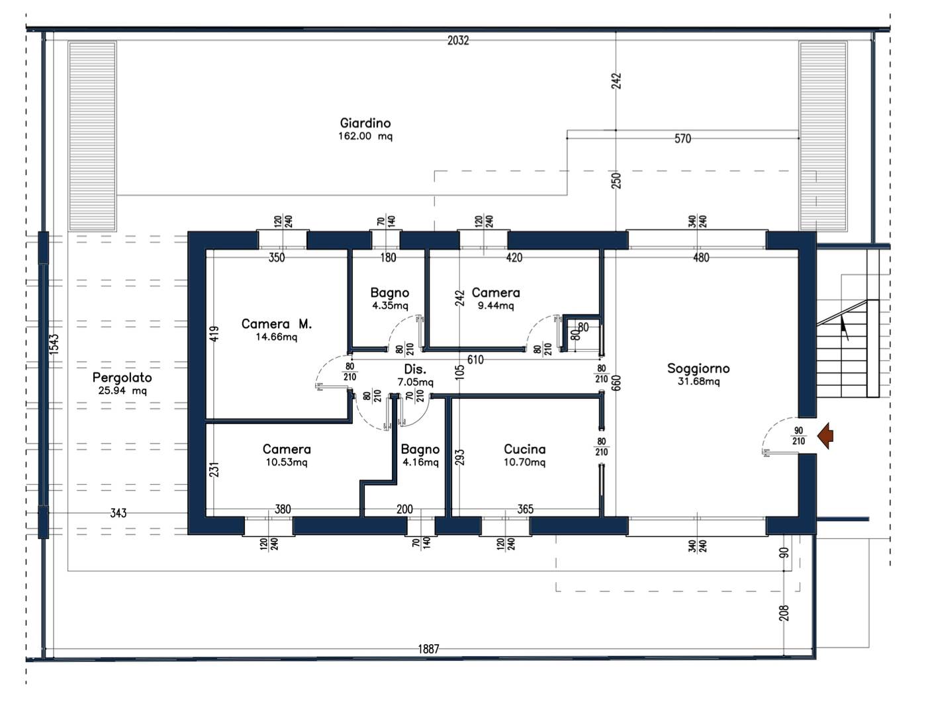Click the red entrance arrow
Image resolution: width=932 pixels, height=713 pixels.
pyautogui.click(x=825, y=436)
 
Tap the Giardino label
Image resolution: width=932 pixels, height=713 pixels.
pyautogui.click(x=365, y=124)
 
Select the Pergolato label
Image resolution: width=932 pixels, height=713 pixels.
pyautogui.click(x=122, y=378)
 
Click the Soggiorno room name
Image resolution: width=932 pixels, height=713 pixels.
pyautogui.click(x=698, y=368)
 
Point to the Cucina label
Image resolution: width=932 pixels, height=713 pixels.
pyautogui.click(x=524, y=449)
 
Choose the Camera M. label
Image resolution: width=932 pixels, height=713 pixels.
pyautogui.click(x=276, y=324)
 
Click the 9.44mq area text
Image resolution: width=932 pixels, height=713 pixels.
pyautogui.click(x=496, y=306)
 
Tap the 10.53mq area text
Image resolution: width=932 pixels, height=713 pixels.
pyautogui.click(x=287, y=462)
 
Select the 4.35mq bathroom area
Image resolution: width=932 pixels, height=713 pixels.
pyautogui.click(x=390, y=306)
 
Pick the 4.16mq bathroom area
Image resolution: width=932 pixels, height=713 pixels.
pyautogui.click(x=420, y=462)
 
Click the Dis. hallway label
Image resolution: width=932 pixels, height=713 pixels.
pyautogui.click(x=415, y=369)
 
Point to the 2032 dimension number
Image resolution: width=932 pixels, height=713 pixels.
pyautogui.click(x=458, y=40)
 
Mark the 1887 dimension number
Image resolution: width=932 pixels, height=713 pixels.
pyautogui.click(x=428, y=649)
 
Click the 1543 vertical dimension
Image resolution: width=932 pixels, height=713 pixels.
pyautogui.click(x=54, y=344)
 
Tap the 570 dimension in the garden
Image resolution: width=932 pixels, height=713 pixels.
pyautogui.click(x=683, y=139)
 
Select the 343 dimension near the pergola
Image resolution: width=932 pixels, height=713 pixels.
pyautogui.click(x=118, y=513)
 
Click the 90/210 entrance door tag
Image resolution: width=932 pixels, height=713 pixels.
pyautogui.click(x=798, y=436)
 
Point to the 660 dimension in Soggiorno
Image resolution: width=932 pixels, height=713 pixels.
pyautogui.click(x=616, y=383)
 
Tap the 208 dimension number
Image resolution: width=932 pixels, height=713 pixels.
pyautogui.click(x=784, y=612)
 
